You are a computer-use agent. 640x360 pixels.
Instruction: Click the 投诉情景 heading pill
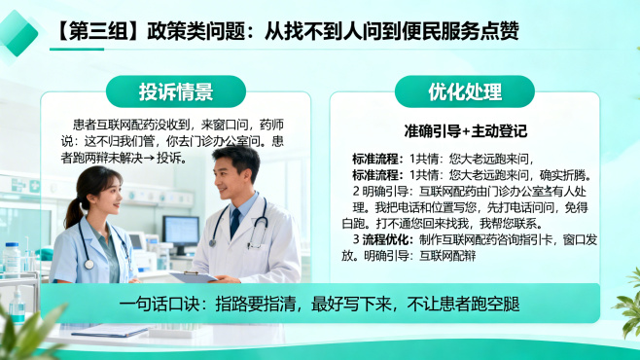point(175,92)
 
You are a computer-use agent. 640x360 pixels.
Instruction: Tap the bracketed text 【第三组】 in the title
point(92,31)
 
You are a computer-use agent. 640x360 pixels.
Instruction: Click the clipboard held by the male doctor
point(193,277)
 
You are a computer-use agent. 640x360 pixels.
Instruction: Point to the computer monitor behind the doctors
point(180,231)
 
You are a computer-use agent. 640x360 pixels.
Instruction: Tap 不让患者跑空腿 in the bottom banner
point(464,305)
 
